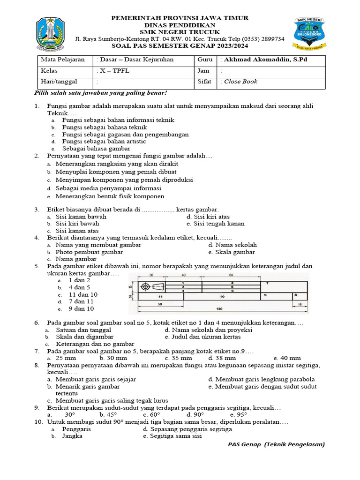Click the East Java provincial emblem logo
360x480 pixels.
click(x=51, y=33)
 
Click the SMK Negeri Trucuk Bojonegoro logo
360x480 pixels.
click(x=309, y=33)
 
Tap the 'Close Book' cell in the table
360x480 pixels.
click(x=240, y=82)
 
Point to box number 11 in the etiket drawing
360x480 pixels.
click(x=160, y=297)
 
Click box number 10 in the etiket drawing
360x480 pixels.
click(x=222, y=297)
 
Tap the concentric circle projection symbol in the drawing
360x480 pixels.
click(x=146, y=286)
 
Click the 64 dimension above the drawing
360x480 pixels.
click(x=231, y=275)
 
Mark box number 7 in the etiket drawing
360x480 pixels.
click(x=267, y=284)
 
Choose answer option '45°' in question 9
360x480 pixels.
click(x=108, y=415)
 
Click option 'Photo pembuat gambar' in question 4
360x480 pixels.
click(x=89, y=252)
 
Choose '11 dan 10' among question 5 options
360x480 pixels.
click(x=83, y=294)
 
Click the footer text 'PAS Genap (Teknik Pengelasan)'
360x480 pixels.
click(x=276, y=444)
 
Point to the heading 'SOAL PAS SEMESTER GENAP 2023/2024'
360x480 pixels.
click(x=180, y=46)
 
